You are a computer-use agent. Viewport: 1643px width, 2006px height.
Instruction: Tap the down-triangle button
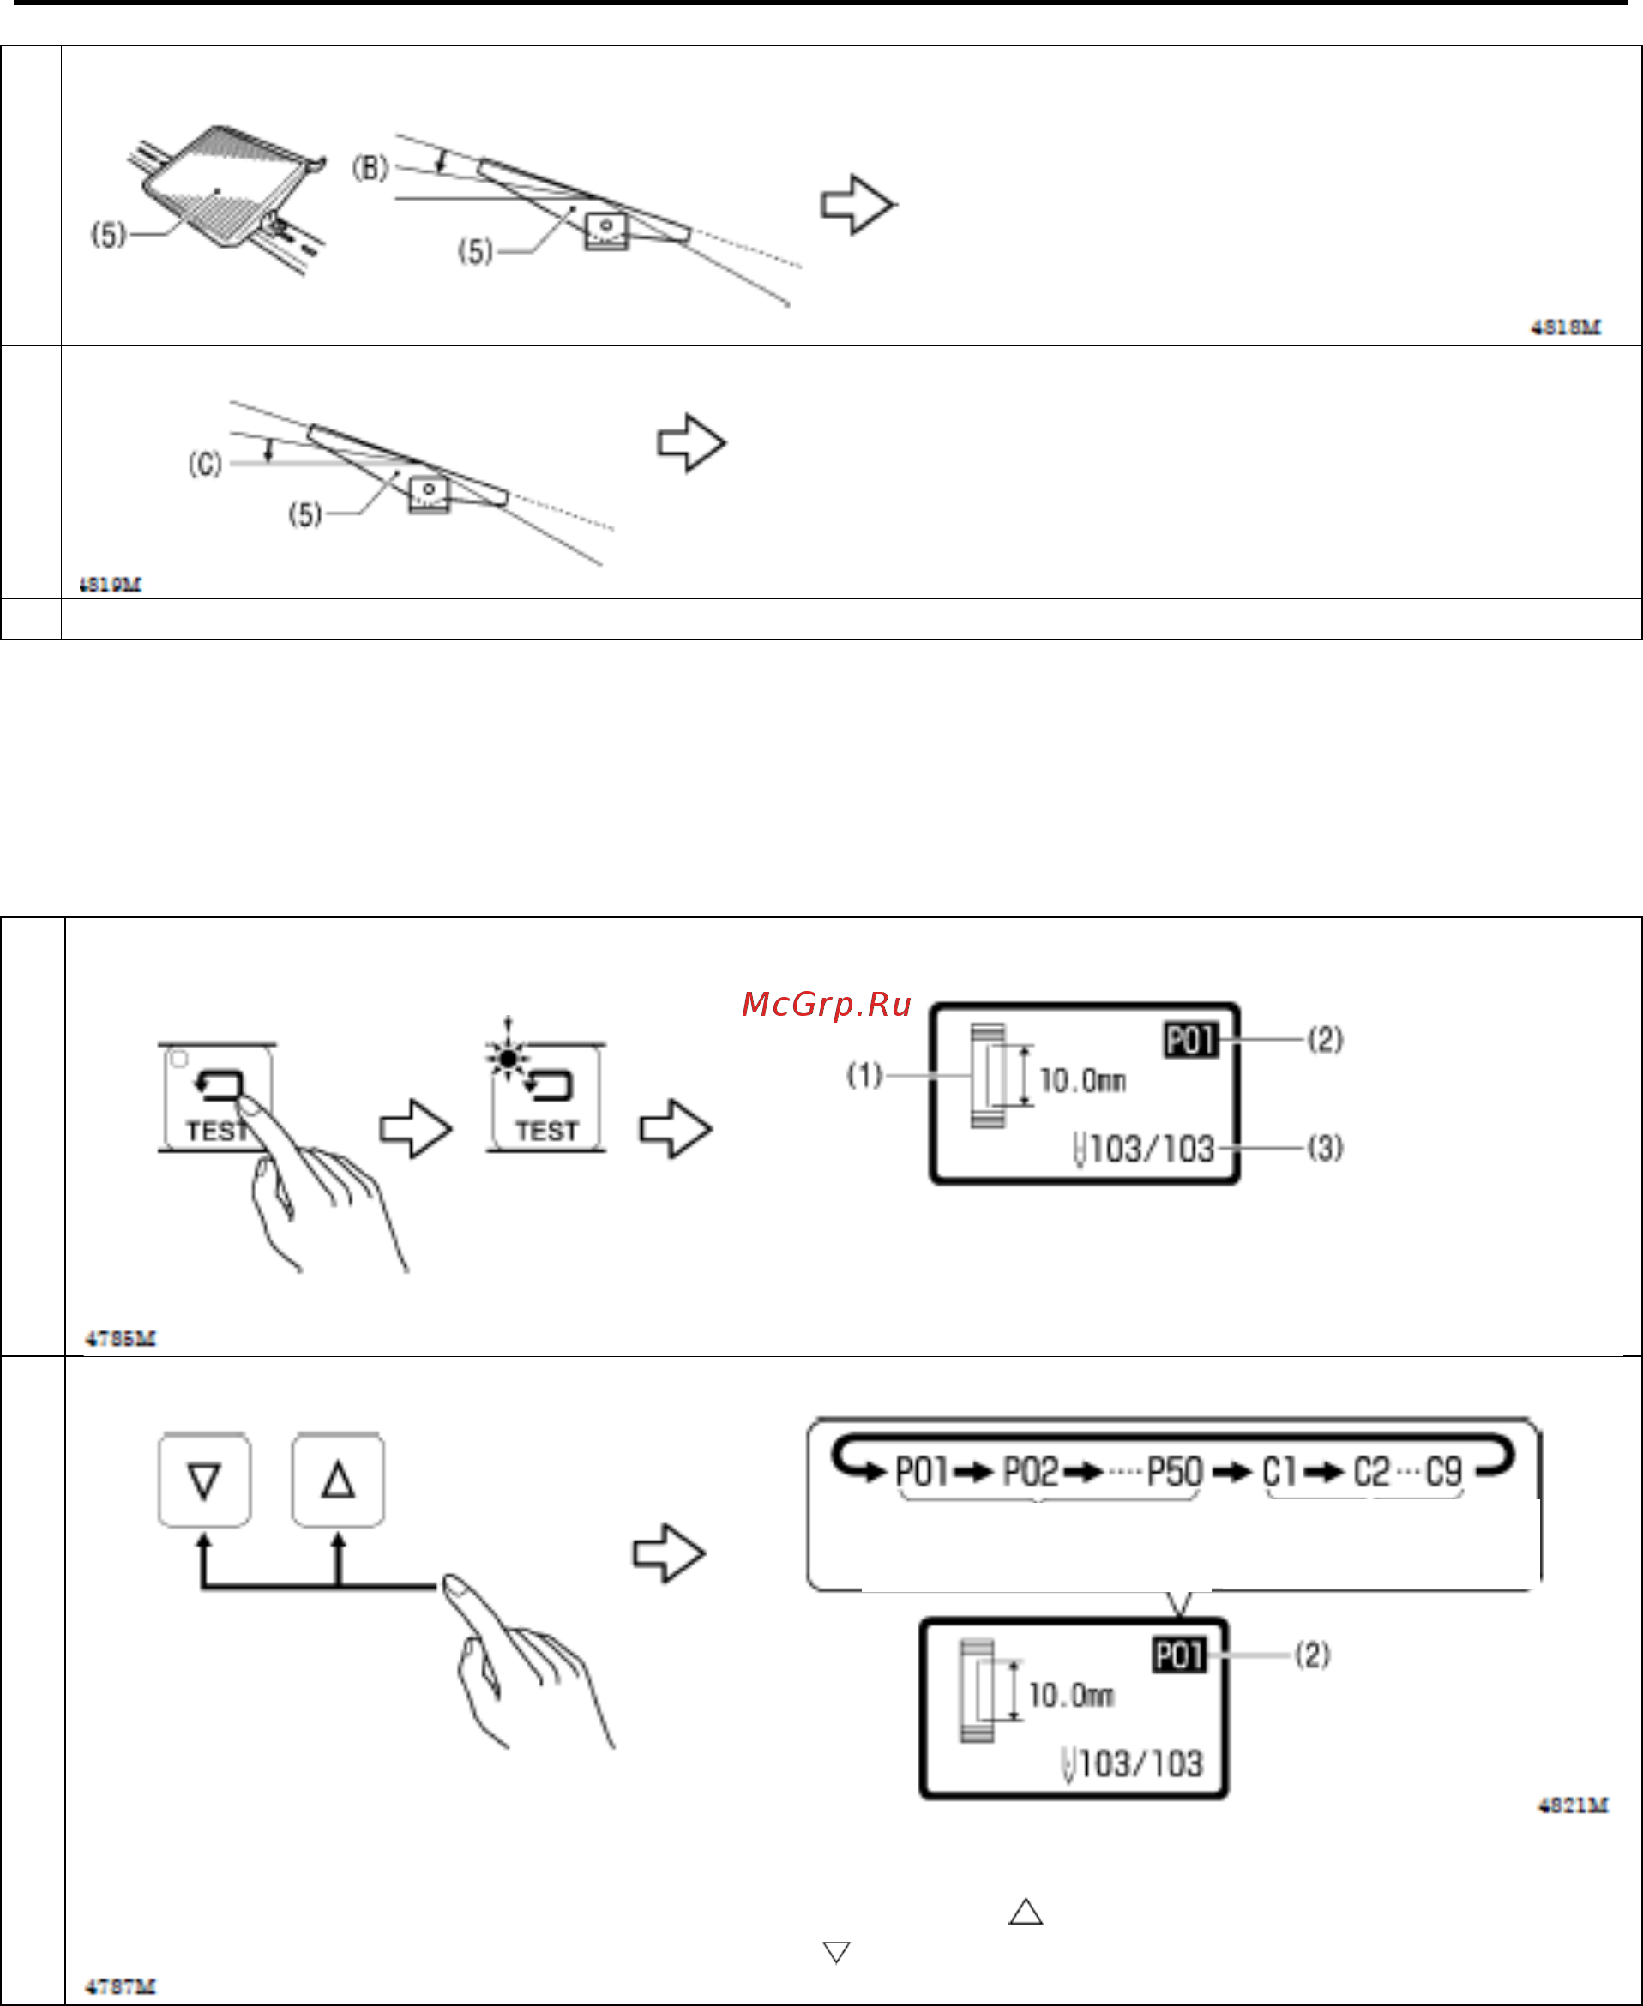(204, 1480)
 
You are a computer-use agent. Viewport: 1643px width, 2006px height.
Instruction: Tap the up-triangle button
(338, 1480)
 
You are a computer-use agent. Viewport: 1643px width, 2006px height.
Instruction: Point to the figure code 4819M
(110, 585)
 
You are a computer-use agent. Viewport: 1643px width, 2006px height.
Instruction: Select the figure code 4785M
(120, 1339)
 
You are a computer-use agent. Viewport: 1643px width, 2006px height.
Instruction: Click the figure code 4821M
(1572, 1805)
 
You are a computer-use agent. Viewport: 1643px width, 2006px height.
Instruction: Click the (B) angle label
(370, 168)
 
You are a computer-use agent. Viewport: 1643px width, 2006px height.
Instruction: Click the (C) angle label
(204, 465)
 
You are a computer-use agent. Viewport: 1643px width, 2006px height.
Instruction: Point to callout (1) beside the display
(864, 1075)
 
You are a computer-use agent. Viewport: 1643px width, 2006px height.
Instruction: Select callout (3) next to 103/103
(1325, 1148)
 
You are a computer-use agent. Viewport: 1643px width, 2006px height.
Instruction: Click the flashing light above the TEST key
(509, 1056)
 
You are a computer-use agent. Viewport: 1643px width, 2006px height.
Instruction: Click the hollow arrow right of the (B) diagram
(857, 204)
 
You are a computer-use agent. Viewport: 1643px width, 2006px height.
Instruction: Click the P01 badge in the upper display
(1189, 1040)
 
